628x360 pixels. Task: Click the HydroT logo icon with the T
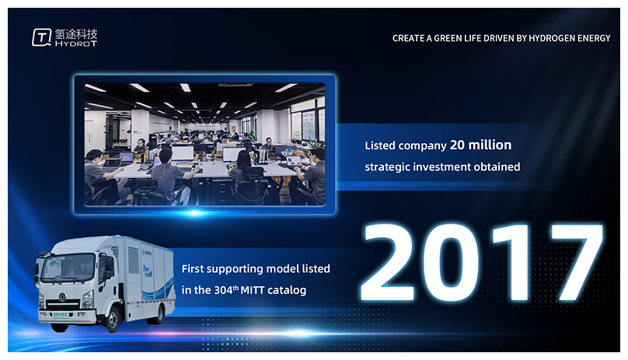(42, 37)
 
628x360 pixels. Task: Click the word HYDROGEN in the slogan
(551, 38)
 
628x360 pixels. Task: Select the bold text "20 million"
(480, 145)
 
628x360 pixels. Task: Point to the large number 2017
(482, 263)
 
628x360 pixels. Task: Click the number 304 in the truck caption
(223, 290)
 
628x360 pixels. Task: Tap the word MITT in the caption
(253, 290)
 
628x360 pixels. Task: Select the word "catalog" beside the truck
(287, 290)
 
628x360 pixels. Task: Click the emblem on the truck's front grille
(61, 297)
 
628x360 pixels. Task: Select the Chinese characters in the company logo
(76, 33)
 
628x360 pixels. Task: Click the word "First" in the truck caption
(193, 268)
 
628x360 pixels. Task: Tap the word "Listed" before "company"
(380, 145)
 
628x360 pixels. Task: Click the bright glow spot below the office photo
(195, 213)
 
